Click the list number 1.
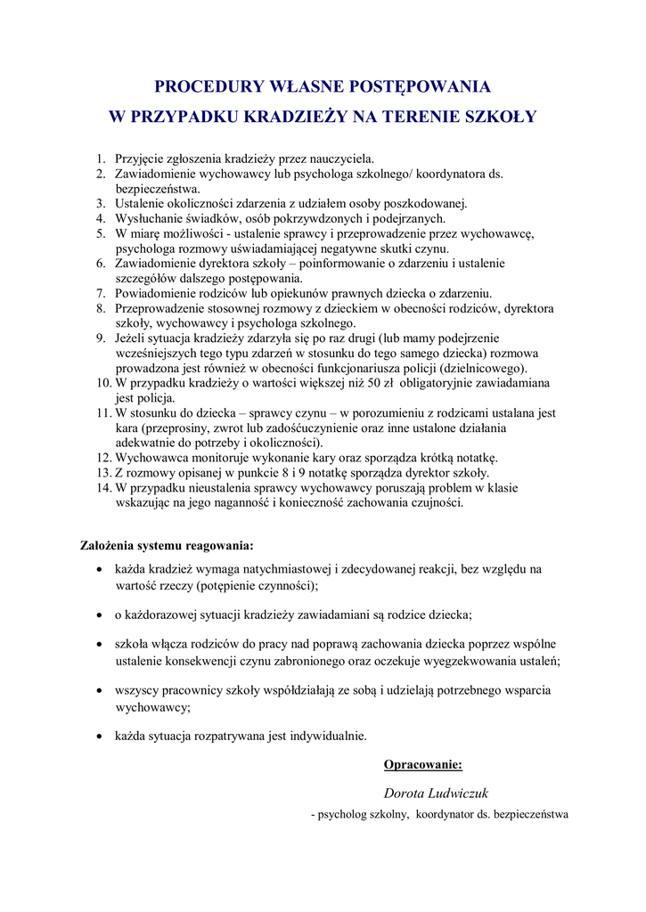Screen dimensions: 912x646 pyautogui.click(x=101, y=159)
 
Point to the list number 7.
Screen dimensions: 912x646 pyautogui.click(x=101, y=293)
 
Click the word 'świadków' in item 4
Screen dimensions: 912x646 pyautogui.click(x=202, y=219)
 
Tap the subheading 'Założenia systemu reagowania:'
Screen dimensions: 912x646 pyautogui.click(x=167, y=545)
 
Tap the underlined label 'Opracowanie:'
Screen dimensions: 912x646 pyautogui.click(x=422, y=764)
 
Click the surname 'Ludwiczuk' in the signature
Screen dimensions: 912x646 pyautogui.click(x=459, y=793)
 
